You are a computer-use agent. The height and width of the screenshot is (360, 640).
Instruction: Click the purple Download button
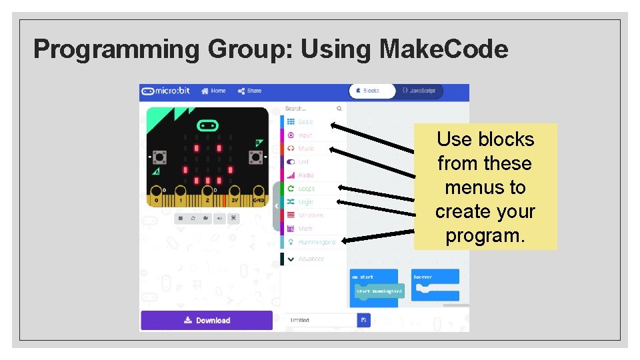(207, 321)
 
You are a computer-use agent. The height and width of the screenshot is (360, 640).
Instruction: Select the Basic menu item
(305, 122)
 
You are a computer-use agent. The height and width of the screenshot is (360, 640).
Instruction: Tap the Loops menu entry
(306, 189)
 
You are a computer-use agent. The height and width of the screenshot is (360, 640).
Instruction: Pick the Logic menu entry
(305, 202)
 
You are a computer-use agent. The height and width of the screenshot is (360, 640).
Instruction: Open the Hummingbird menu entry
(316, 242)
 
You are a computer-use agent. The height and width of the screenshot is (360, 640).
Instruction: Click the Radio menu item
(305, 175)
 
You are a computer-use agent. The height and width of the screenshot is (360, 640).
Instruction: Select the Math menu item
(305, 229)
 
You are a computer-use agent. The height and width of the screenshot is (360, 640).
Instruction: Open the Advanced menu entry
(311, 259)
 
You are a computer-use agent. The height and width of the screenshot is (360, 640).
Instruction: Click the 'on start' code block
(363, 277)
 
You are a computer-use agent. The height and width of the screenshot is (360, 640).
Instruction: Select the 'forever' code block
(423, 277)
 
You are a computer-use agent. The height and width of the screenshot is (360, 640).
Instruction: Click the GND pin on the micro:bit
(257, 199)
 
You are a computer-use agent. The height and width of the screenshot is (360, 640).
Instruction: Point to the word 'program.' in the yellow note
(485, 236)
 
